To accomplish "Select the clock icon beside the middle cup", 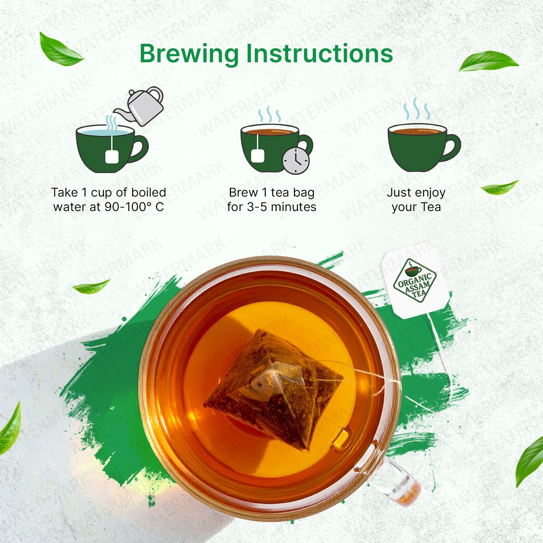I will pos(296,160).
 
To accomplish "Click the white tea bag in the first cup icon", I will pos(111,157).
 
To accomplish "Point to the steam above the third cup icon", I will pos(417,109).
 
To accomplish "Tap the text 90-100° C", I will pos(134,207).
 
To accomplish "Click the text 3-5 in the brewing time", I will pos(257,207).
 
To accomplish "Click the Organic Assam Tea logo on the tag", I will pos(415,281).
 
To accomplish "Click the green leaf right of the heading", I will pos(489,61).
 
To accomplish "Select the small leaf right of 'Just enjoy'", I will pos(500,188).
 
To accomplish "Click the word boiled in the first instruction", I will pos(148,192).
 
